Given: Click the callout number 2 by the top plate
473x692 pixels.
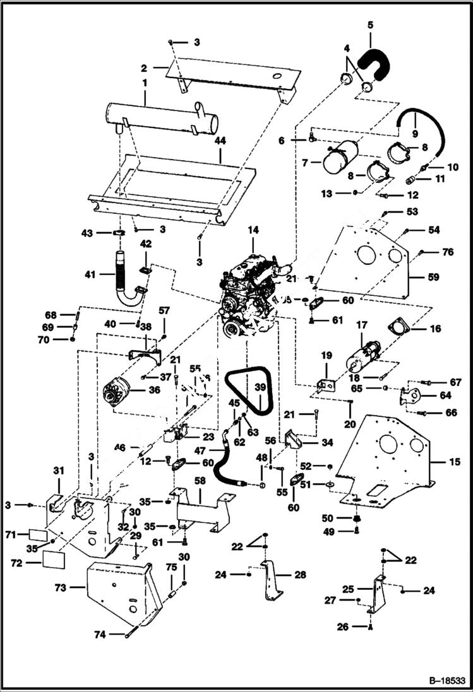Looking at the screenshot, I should pos(144,67).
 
